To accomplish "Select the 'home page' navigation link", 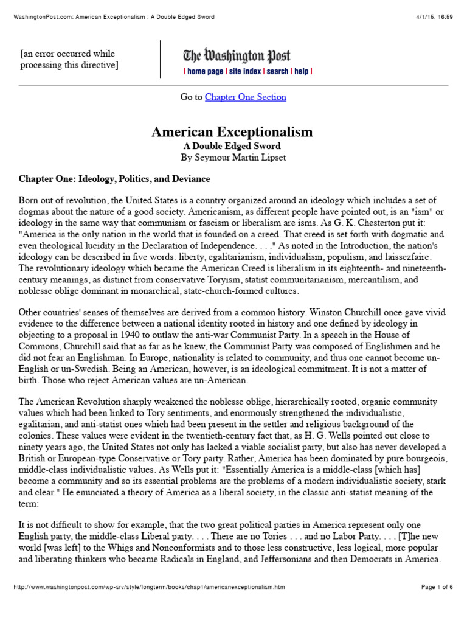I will [x=205, y=72].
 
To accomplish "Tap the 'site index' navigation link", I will [x=244, y=72].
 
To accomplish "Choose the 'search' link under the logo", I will [x=277, y=72].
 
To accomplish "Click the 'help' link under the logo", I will [x=302, y=72].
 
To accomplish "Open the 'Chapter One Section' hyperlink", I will [x=245, y=97].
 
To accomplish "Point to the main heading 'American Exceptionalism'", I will [x=232, y=131].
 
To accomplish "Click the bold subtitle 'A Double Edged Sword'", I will [x=232, y=146].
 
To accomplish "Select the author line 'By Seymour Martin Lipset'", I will [x=232, y=158].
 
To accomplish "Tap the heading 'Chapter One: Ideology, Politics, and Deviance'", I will [x=114, y=179].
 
